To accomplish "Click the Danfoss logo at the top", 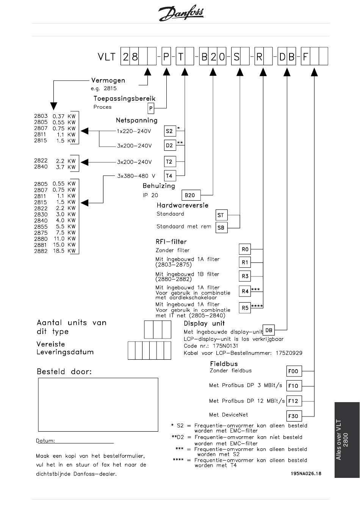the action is [x=181, y=13].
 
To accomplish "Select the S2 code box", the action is [x=170, y=131].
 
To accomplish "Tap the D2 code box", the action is [x=170, y=145].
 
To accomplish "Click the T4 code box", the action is [x=170, y=176].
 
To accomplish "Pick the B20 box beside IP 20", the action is [x=191, y=195].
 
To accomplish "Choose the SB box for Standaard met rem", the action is [x=222, y=228].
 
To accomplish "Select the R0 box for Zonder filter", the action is [x=245, y=249].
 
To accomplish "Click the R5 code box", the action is [x=245, y=308].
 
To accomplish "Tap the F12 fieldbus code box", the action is [x=294, y=401].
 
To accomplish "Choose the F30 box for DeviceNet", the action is [x=294, y=416].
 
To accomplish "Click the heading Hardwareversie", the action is [x=182, y=205].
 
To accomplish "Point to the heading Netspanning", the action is [x=137, y=120].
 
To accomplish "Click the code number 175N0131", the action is [x=225, y=346].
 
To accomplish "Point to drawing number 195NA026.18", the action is [x=306, y=473].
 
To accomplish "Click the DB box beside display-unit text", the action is [x=268, y=330].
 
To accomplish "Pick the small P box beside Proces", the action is [x=151, y=108].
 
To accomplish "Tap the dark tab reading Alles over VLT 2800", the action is [x=347, y=440].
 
